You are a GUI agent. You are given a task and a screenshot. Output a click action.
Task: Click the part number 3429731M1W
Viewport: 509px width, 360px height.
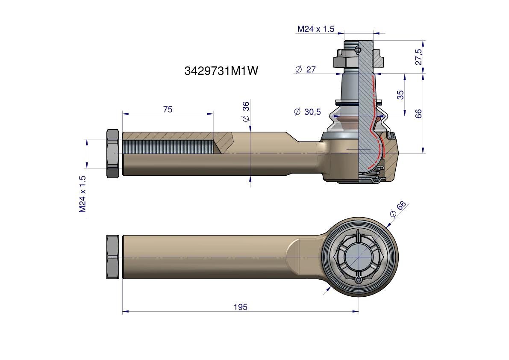click(221, 71)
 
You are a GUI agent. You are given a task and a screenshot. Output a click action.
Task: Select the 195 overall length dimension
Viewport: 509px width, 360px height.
click(241, 307)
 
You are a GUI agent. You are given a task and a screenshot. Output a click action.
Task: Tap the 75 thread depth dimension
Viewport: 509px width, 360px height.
click(168, 109)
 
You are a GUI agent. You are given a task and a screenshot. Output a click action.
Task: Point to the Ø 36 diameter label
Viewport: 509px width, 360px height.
click(246, 111)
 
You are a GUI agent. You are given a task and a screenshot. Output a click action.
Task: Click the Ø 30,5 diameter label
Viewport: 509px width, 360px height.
click(307, 112)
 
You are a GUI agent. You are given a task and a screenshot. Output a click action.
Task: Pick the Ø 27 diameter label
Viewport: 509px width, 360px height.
click(305, 69)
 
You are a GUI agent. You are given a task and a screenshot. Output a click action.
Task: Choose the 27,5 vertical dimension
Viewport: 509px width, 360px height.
click(419, 57)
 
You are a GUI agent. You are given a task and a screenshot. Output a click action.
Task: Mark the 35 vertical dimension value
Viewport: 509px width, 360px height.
click(400, 95)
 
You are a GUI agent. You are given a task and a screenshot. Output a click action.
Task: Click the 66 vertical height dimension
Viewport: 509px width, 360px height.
click(418, 114)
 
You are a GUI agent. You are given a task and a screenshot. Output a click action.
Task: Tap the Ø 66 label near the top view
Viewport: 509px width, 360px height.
click(397, 209)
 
